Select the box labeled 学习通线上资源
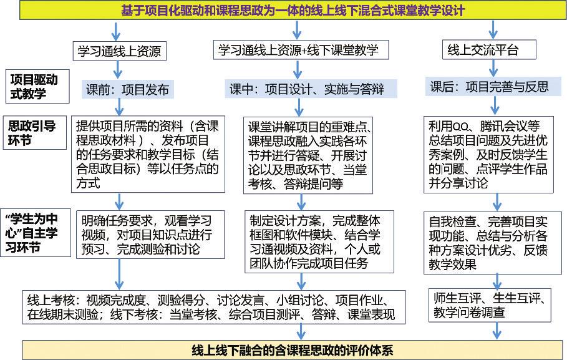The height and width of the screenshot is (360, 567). click(119, 51)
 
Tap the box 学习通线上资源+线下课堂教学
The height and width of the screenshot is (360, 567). click(301, 50)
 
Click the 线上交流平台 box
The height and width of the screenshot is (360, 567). click(489, 50)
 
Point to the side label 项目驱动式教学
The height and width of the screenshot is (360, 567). click(37, 87)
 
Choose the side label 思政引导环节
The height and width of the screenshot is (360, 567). click(34, 133)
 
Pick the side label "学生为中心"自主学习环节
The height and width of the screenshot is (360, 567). click(36, 233)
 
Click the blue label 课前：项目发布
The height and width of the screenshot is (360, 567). click(128, 89)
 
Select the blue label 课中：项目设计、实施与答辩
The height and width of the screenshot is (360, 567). click(311, 89)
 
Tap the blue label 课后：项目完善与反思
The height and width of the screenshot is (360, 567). click(493, 87)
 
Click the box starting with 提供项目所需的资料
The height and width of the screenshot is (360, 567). click(148, 154)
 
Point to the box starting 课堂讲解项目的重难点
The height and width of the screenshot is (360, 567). click(308, 155)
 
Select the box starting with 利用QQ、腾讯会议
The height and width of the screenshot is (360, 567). click(488, 155)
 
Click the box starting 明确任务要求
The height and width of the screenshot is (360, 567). click(150, 235)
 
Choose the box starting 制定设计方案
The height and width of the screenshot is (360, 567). click(319, 241)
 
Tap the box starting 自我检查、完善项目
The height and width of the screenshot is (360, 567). click(488, 243)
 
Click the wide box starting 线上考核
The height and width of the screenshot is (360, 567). click(214, 307)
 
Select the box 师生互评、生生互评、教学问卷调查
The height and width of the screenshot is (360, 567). click(490, 305)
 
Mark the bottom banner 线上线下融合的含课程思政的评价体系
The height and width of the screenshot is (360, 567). click(293, 350)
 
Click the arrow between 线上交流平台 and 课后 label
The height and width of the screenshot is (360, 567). click(493, 68)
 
